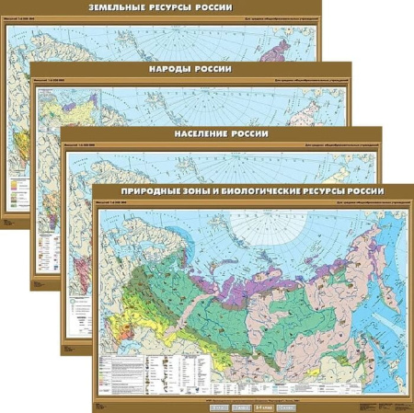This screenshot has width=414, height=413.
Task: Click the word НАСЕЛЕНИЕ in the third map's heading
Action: pyautogui.click(x=205, y=134)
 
